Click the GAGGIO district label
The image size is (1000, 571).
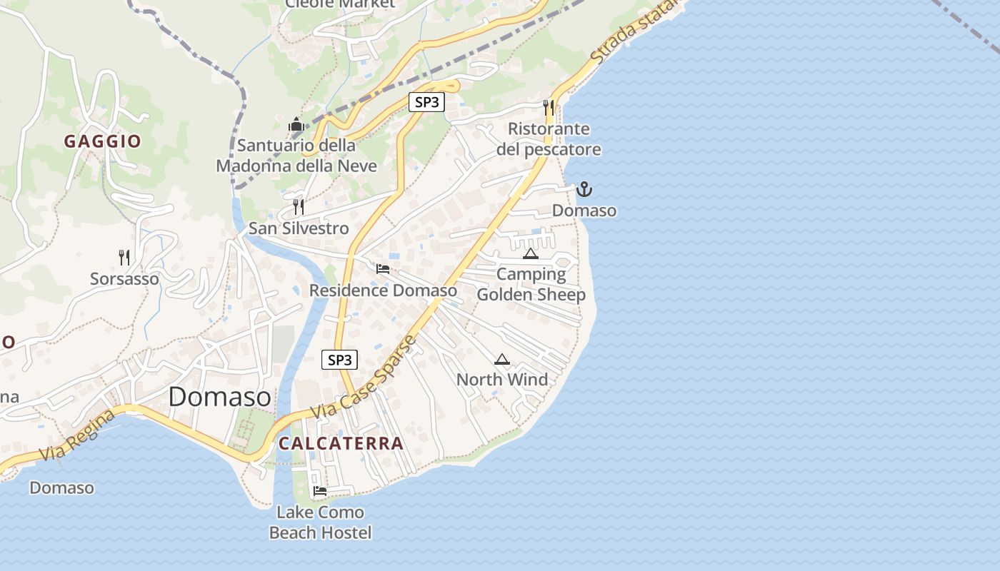coord(103,141)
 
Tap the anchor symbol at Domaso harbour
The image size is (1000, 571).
coord(584,189)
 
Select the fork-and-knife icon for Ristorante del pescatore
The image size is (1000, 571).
coord(549,108)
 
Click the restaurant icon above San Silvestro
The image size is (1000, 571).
coord(299,207)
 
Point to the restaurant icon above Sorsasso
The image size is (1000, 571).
coord(124,257)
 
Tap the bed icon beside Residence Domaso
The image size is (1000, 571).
coord(383,269)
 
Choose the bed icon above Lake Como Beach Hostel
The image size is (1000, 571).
coord(319,491)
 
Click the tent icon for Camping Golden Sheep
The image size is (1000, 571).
coord(530,253)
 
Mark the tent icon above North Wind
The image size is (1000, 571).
coord(502,359)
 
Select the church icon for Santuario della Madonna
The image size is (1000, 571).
coord(296,124)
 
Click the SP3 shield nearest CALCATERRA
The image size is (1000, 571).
coord(340,360)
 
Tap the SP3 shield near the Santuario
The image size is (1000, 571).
coord(426,102)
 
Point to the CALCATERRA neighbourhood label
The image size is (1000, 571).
coord(341,443)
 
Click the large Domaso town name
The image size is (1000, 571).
coord(219,397)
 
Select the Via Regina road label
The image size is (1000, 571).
coord(76,435)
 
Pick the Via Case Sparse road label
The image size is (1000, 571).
coord(364,378)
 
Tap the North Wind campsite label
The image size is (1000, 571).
coord(502,380)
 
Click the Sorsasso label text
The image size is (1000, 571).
coord(124,278)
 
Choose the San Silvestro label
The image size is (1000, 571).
coord(299,228)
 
